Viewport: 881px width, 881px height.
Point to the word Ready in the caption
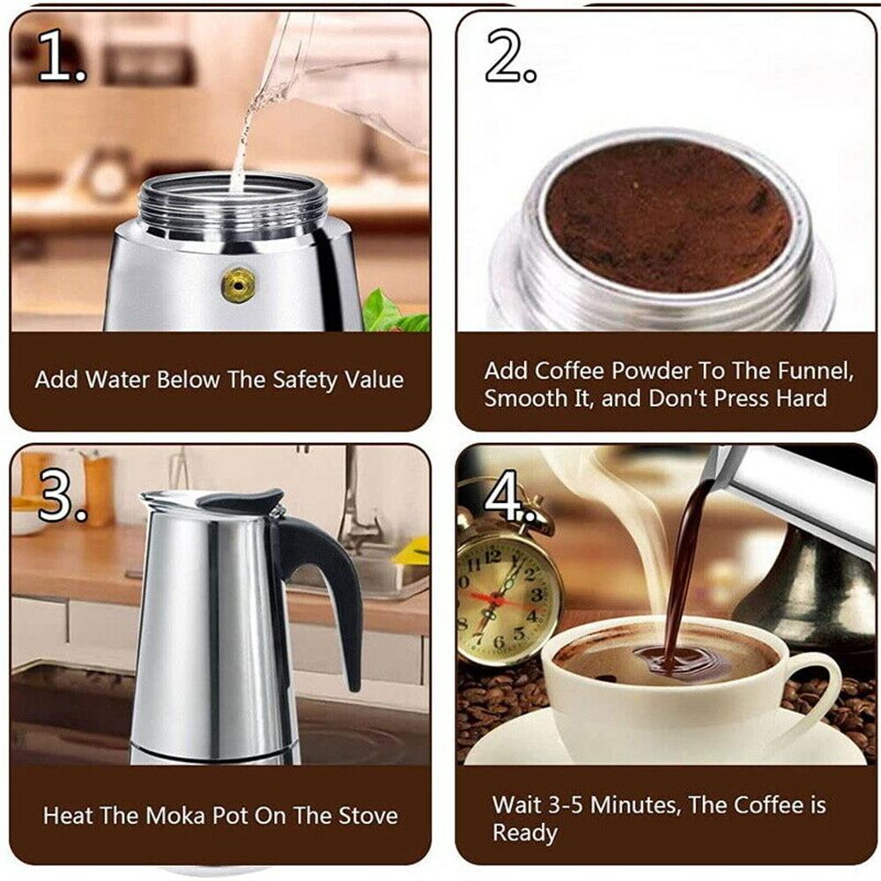pos(525,833)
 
